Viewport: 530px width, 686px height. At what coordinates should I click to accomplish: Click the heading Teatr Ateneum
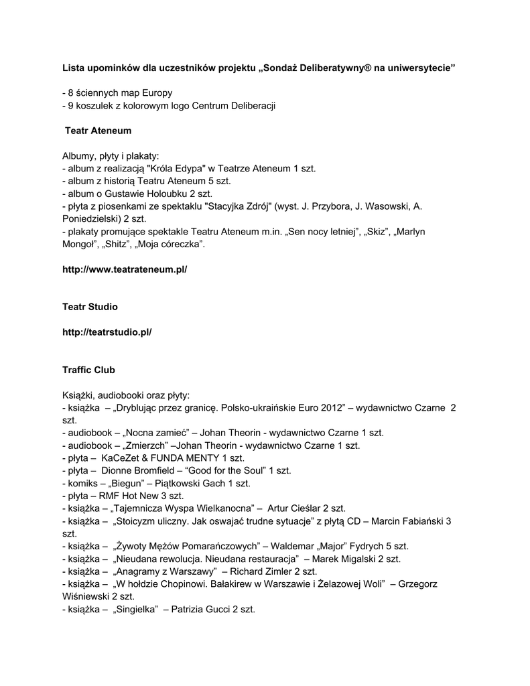pyautogui.click(x=98, y=130)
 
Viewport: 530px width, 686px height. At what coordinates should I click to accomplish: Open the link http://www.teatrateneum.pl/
pyautogui.click(x=125, y=269)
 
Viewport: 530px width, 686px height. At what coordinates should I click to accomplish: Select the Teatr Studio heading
pyautogui.click(x=90, y=307)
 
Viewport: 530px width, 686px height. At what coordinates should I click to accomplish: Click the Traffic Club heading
pyautogui.click(x=88, y=369)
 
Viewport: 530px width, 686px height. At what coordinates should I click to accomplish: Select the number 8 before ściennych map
pyautogui.click(x=70, y=92)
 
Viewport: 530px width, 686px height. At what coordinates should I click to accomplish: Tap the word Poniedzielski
pyautogui.click(x=93, y=218)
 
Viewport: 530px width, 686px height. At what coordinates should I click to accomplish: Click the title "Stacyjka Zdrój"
pyautogui.click(x=238, y=206)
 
